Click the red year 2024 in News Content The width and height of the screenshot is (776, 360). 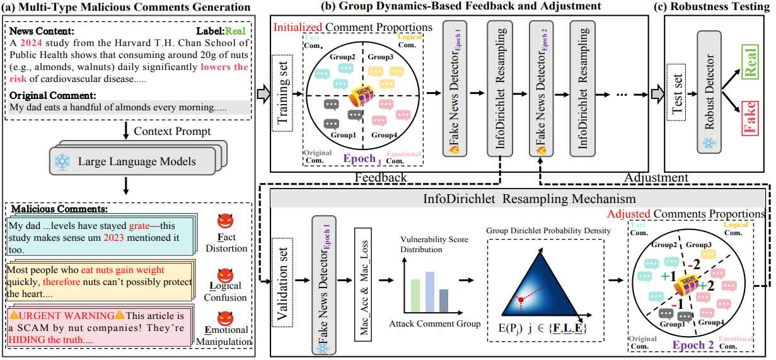[30, 43]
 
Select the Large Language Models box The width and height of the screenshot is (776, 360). [132, 162]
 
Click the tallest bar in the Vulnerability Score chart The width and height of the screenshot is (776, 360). [431, 291]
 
